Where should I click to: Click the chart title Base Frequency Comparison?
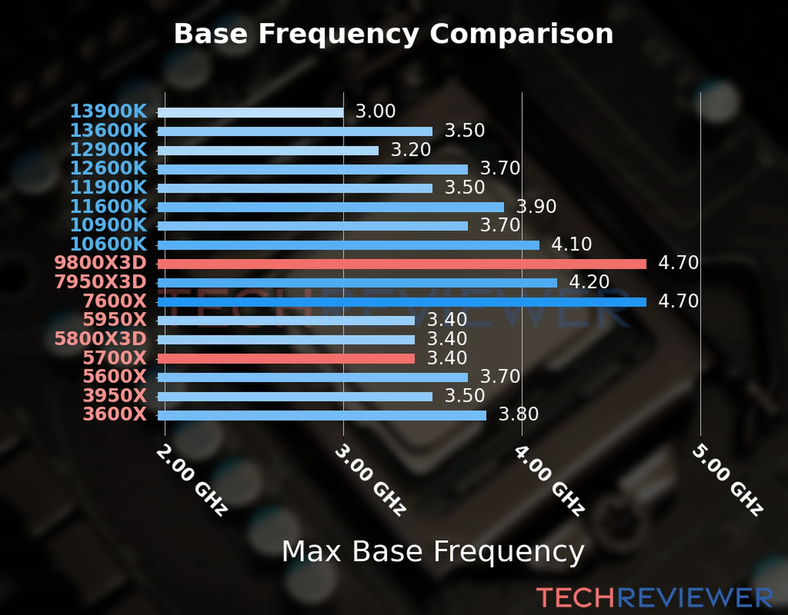click(x=393, y=34)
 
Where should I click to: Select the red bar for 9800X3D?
click(x=402, y=264)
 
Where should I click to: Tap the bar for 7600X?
click(x=402, y=302)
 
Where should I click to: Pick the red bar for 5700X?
click(x=286, y=358)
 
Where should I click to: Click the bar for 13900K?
click(x=250, y=113)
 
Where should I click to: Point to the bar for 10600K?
click(x=348, y=245)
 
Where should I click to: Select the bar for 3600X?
click(x=322, y=415)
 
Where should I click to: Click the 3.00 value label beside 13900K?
click(x=376, y=111)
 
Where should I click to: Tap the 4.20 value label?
click(x=589, y=282)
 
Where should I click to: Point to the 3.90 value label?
click(x=536, y=207)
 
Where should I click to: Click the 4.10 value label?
click(x=572, y=244)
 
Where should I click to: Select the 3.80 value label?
click(x=519, y=414)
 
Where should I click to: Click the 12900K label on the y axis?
click(x=108, y=150)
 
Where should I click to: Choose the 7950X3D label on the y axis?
click(x=101, y=282)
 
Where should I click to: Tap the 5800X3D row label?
click(x=101, y=339)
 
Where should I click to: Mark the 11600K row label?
click(x=108, y=207)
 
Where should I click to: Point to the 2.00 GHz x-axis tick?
click(x=191, y=480)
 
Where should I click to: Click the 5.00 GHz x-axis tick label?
click(x=727, y=480)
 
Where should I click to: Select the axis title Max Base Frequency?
click(x=433, y=551)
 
